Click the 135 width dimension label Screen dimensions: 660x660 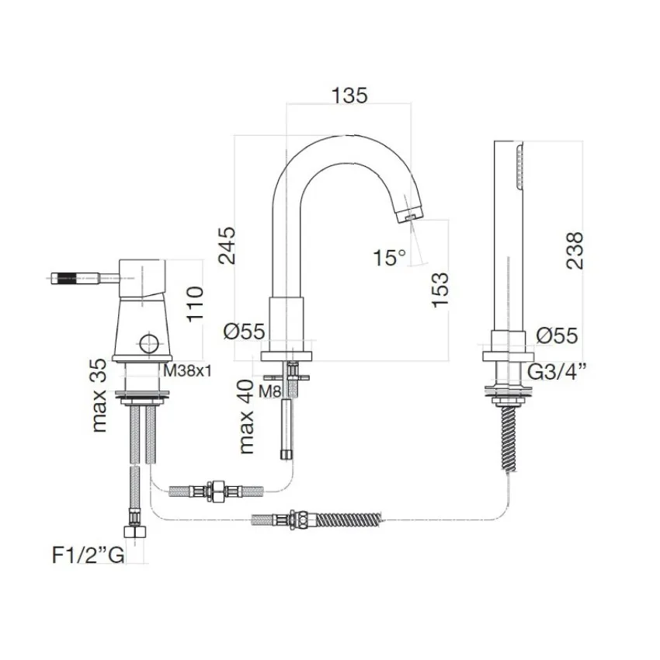(x=349, y=96)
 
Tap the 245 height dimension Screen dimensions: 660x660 (x=228, y=245)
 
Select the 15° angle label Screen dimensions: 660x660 (x=389, y=257)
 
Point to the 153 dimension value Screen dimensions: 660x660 (x=440, y=290)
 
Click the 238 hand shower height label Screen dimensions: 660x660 (x=575, y=250)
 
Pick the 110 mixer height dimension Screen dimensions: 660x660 (x=195, y=304)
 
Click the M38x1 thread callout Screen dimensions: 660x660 (x=187, y=371)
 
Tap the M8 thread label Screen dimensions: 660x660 (x=269, y=392)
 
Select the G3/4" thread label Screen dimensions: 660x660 (x=557, y=372)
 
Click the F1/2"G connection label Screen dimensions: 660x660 (x=88, y=555)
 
